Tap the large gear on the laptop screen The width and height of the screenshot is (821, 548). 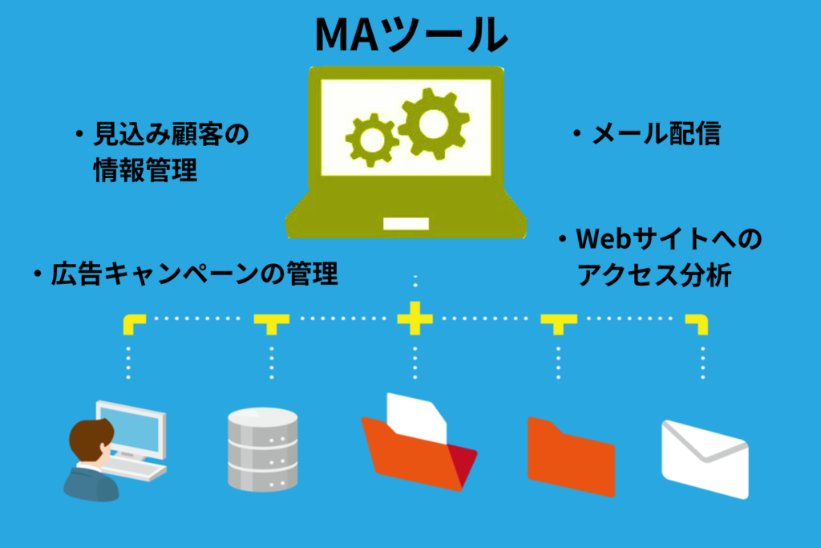434,122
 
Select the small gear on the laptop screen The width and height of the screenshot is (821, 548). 371,140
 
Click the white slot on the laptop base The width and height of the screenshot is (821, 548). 406,222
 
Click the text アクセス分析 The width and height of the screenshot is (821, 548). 654,275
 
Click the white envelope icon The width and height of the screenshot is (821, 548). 705,457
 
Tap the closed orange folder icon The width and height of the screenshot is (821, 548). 570,455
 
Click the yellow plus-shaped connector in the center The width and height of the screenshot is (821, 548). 415,319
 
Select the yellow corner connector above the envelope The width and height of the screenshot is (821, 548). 698,323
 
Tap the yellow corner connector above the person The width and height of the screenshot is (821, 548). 133,323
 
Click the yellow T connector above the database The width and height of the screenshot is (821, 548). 272,323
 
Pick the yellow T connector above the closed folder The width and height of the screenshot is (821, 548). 558,323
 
